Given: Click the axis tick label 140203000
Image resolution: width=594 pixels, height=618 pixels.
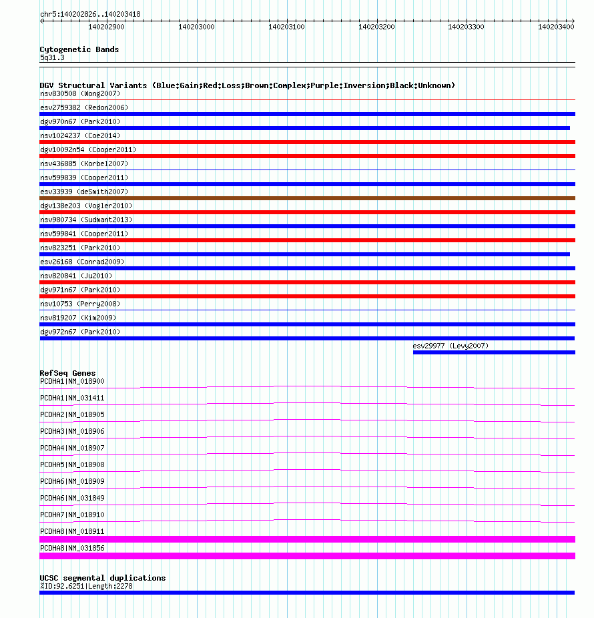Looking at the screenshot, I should coord(196,27).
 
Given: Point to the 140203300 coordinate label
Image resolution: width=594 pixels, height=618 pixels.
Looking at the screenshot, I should coord(466,27).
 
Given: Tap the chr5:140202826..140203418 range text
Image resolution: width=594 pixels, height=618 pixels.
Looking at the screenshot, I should coord(90,14).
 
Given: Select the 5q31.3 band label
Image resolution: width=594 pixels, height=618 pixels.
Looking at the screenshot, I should coord(52,58).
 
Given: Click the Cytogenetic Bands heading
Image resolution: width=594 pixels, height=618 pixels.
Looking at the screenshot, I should coord(79,49).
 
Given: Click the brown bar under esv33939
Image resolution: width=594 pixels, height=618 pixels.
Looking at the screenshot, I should coord(307,198).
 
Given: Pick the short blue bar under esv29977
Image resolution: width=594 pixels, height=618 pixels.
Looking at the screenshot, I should coord(494,352).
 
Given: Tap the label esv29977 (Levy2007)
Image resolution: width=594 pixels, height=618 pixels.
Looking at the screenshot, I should coord(451,346).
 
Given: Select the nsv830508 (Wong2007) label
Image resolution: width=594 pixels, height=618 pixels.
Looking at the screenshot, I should coord(79,93).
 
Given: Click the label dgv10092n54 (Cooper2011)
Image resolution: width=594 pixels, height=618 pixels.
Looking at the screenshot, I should coord(87,149).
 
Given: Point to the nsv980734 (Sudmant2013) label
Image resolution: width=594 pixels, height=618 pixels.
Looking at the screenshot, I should coord(85,220).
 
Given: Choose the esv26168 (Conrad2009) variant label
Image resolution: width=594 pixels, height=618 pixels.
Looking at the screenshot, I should coord(81,262).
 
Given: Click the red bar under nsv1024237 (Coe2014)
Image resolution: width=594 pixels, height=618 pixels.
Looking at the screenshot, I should coord(307,142).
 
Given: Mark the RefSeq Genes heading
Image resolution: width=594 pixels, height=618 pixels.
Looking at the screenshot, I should coord(67,373).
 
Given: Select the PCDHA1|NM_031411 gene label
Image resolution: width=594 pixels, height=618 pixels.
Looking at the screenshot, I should coord(72,398).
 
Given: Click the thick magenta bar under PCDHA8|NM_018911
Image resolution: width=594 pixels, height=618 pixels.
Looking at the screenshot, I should coord(307,539).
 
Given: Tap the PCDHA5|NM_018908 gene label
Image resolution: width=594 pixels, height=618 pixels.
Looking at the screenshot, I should coord(72,465).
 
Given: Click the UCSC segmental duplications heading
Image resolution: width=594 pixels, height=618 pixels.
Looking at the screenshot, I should coord(102,578).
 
